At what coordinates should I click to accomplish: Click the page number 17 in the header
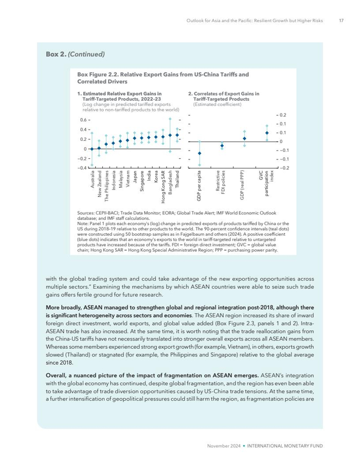341,21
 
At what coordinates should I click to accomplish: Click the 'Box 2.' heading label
56,53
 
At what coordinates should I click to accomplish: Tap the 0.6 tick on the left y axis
83,120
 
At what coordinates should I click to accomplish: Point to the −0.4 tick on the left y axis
82,168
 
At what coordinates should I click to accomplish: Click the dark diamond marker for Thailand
177,136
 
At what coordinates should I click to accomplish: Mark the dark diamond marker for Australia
92,149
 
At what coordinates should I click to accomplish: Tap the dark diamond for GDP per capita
200,153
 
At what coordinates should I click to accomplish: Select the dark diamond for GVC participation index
266,133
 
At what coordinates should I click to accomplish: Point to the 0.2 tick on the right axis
283,115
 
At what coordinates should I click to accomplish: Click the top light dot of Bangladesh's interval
170,119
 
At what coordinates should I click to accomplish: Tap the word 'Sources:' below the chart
85,212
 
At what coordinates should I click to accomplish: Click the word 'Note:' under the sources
82,224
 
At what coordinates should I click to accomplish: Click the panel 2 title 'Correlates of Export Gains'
225,94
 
